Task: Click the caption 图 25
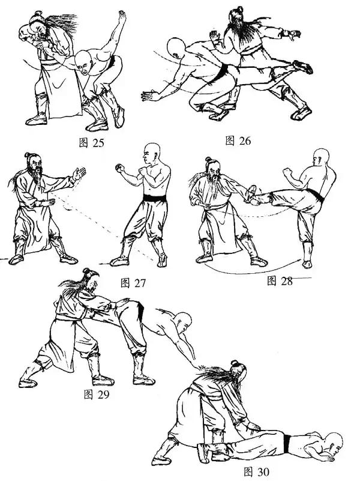tap(91, 143)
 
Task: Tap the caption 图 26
tap(238, 141)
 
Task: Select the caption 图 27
tap(133, 283)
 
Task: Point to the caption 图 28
tap(280, 280)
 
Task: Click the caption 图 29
tap(97, 394)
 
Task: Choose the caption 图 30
tap(256, 471)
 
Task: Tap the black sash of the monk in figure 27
tap(155, 198)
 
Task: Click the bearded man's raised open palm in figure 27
tap(79, 174)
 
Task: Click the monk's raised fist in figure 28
tap(287, 172)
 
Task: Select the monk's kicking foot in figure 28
tap(251, 195)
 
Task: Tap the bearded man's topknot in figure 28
tap(208, 160)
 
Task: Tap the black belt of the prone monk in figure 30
tap(287, 444)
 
